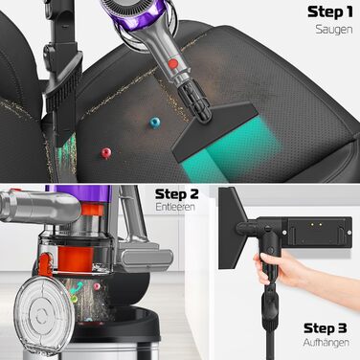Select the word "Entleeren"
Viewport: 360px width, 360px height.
click(x=177, y=207)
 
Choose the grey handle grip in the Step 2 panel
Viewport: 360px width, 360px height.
click(x=29, y=204)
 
